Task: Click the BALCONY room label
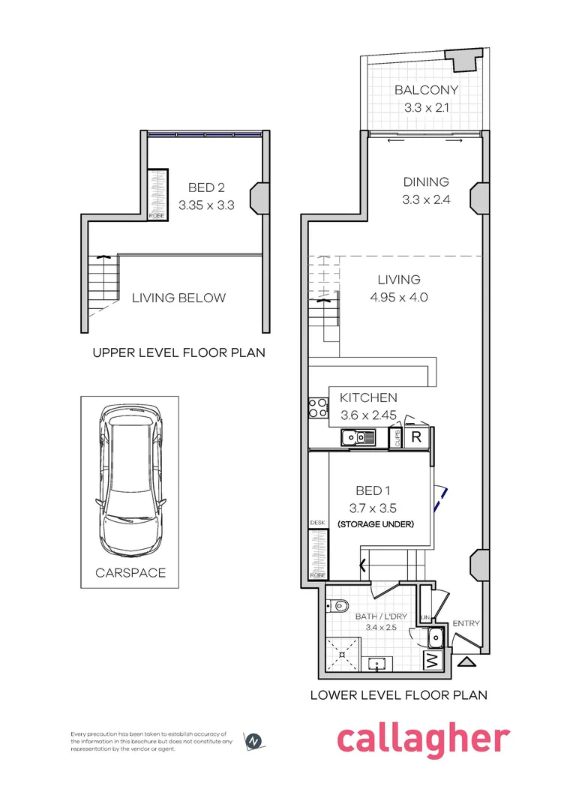(426, 90)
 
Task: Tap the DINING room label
(426, 181)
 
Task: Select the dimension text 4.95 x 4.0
(399, 297)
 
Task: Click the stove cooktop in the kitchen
(317, 408)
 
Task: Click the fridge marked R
(416, 437)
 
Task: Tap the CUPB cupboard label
(397, 438)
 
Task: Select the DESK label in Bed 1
(317, 522)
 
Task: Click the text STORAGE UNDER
(376, 523)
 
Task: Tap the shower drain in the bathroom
(345, 653)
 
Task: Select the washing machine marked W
(432, 661)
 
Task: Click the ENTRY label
(466, 623)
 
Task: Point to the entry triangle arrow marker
(466, 661)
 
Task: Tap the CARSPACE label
(130, 573)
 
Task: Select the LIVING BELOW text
(178, 298)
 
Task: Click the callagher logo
(423, 739)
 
